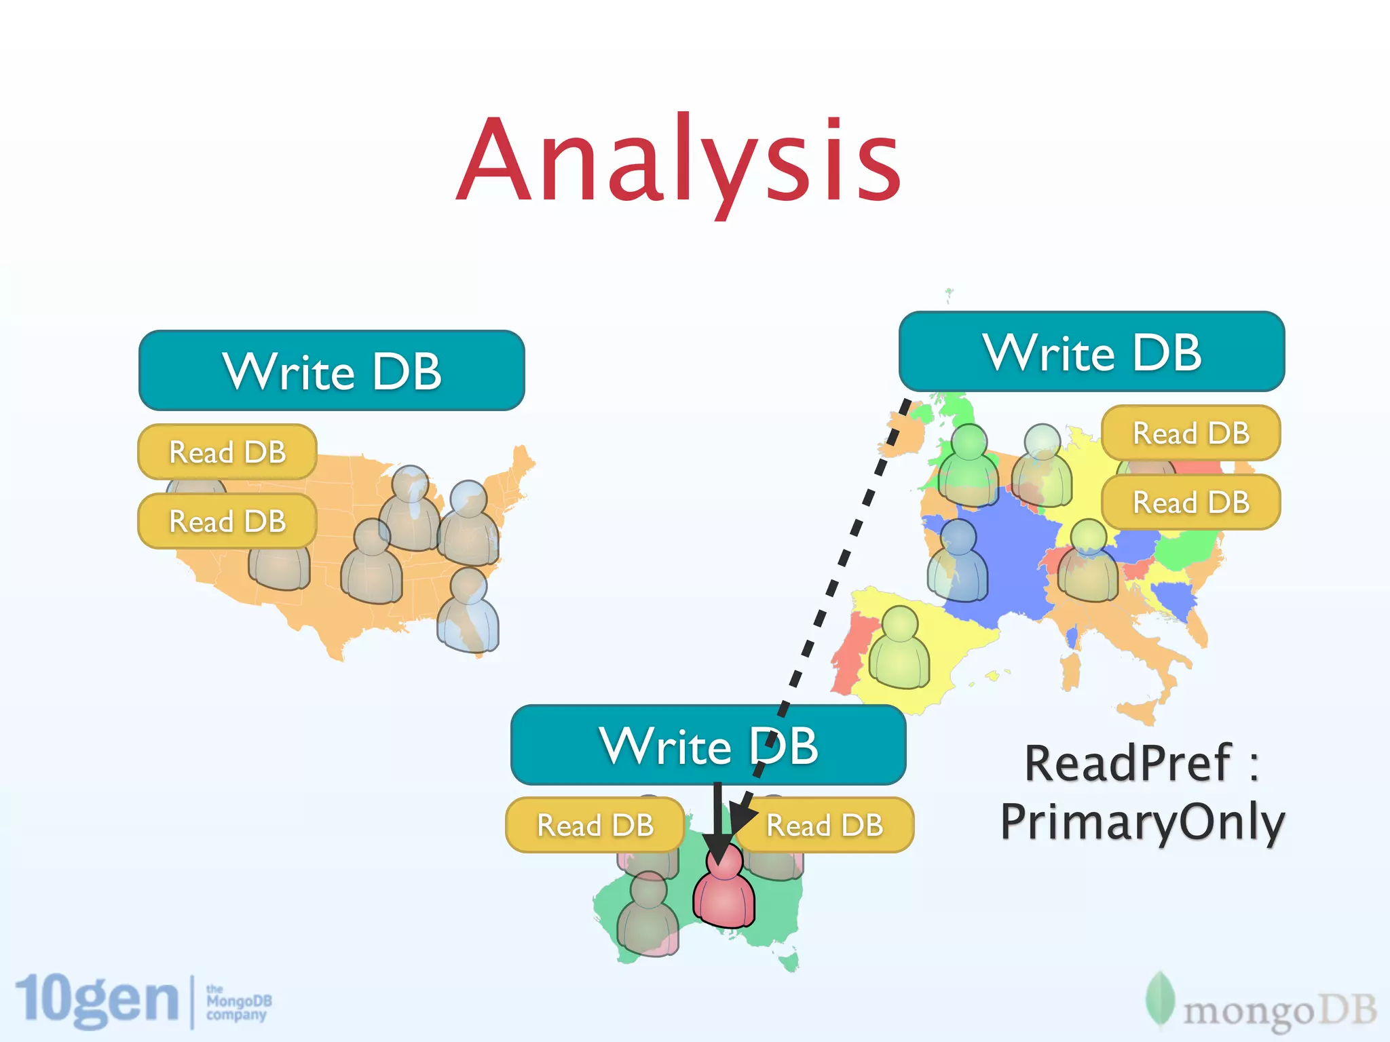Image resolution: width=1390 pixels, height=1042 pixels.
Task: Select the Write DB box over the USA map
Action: click(x=331, y=370)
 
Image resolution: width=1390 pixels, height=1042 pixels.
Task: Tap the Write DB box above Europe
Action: click(x=1091, y=351)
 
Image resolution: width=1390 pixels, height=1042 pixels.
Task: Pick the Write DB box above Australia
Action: click(x=708, y=745)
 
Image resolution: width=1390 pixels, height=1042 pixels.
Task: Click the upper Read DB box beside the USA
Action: click(x=227, y=452)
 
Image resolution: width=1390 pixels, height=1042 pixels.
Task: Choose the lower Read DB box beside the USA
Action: click(x=227, y=521)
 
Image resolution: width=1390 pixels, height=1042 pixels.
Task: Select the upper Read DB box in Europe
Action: click(x=1191, y=433)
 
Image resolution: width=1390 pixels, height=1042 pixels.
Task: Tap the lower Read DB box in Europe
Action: click(x=1191, y=502)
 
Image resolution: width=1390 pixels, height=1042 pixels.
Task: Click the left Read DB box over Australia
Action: click(x=595, y=825)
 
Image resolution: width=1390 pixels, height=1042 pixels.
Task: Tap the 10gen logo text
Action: click(x=96, y=1000)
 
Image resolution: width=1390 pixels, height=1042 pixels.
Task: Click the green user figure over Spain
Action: click(x=900, y=648)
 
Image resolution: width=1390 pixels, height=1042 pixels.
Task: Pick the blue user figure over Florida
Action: click(x=468, y=611)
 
